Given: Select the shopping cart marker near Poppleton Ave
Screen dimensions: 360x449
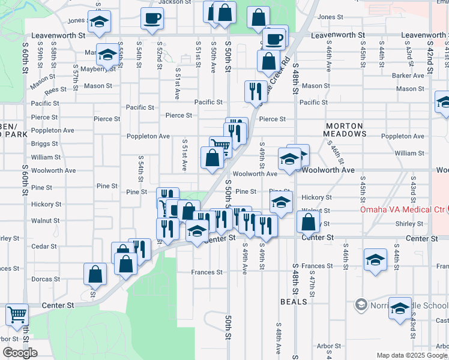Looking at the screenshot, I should click(x=220, y=146).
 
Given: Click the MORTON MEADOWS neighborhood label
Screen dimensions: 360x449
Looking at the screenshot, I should click(x=345, y=130).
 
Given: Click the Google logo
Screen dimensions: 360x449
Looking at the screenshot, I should click(x=20, y=353).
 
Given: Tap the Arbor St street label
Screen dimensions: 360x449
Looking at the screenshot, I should click(x=329, y=346).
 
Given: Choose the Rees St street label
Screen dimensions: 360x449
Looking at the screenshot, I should click(x=55, y=89).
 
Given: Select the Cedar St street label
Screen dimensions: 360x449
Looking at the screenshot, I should click(x=45, y=247).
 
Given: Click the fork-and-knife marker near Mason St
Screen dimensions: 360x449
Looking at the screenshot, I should click(x=256, y=91).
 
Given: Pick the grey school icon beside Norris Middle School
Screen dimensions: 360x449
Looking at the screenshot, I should click(x=361, y=305).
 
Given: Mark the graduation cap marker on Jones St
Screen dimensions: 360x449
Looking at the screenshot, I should click(x=99, y=21).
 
